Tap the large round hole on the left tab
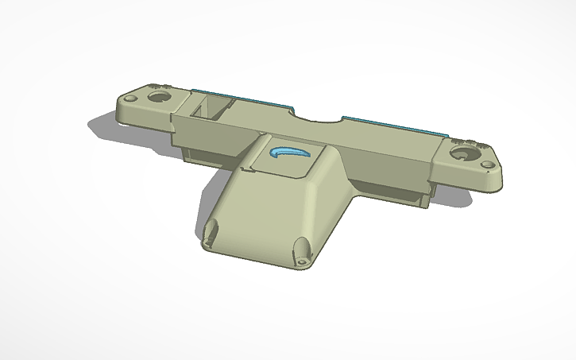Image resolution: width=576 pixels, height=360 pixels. tap(160, 95)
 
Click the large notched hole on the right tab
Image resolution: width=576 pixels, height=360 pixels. tap(462, 152)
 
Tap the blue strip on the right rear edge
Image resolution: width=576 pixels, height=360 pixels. tap(389, 126)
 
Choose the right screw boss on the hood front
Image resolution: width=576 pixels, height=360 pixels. tap(303, 256)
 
